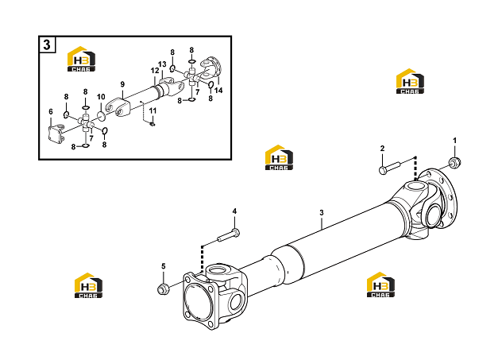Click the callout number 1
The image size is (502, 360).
coord(454,141)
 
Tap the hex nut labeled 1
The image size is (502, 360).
coord(454,162)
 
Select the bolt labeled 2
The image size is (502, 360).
coord(389,168)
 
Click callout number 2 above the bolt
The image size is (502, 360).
coord(382,149)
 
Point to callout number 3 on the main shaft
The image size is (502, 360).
coord(322,212)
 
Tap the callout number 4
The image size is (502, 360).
coord(234,211)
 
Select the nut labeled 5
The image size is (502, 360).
coord(164,289)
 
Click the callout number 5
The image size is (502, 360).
coord(164,266)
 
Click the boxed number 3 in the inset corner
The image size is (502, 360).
coord(47,45)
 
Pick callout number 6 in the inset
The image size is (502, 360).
coord(51,111)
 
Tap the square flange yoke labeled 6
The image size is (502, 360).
coord(56,134)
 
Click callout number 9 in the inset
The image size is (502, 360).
coord(122,84)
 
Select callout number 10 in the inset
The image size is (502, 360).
coord(101,97)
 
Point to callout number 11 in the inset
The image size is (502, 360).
coord(153,110)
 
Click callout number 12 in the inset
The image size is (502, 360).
coord(155,71)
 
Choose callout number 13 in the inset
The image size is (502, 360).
coord(162,64)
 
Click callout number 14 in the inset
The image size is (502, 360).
coord(218,91)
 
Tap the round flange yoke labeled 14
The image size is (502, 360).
coord(213,67)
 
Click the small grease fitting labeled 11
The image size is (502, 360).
coord(153,122)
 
